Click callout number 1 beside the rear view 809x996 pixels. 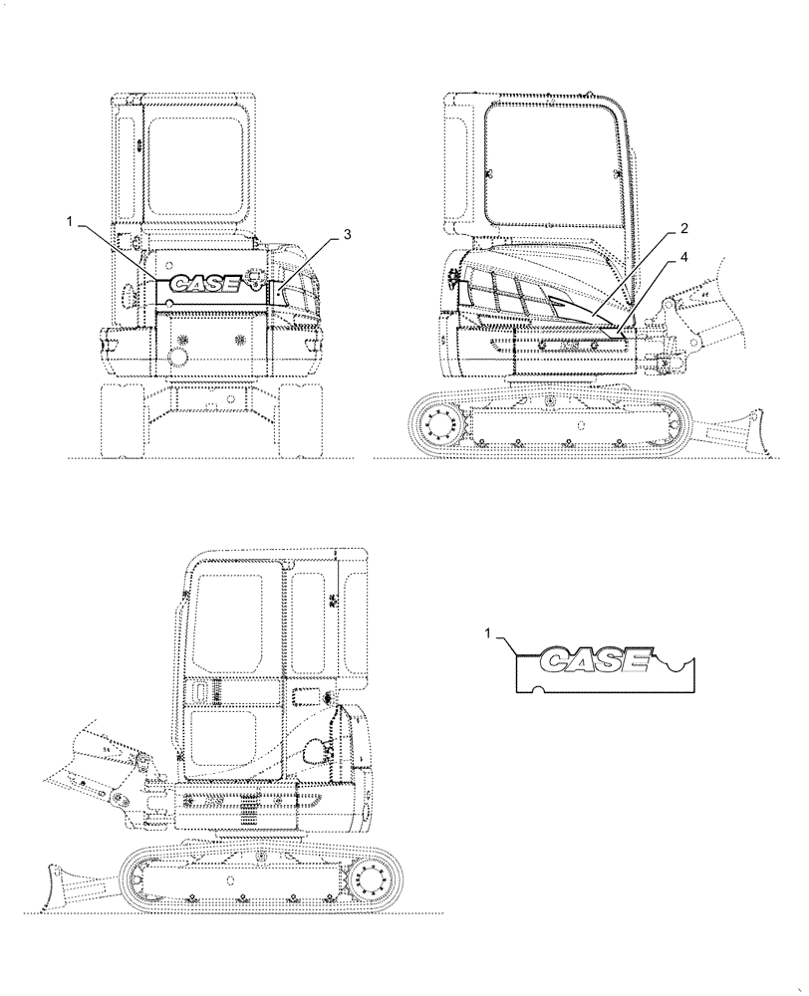[x=71, y=223]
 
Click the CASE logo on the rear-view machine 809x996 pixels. [x=203, y=284]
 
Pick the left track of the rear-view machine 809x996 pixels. [x=123, y=418]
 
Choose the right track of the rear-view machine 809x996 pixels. [x=301, y=418]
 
